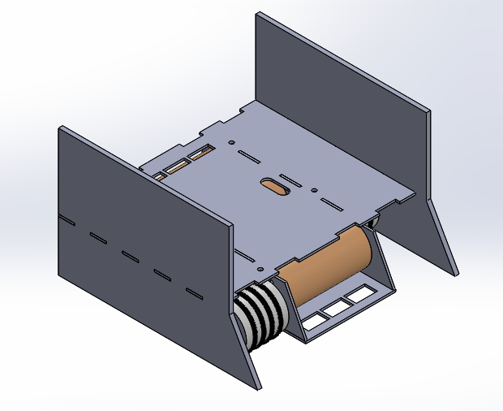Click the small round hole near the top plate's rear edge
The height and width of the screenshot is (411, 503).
(x=232, y=142)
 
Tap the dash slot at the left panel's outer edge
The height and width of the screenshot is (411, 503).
(x=66, y=219)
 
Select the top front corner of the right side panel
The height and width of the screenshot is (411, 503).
(x=428, y=109)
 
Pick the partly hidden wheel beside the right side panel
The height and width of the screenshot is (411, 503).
(x=376, y=221)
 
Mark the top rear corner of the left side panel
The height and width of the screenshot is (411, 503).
(x=61, y=128)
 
